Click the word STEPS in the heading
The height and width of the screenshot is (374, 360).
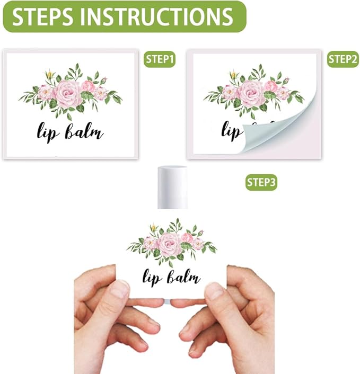coord(43,16)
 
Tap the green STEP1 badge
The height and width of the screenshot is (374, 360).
coord(160,59)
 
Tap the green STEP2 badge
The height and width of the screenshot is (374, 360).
coord(342,59)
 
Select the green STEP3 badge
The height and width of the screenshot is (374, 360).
coord(261,182)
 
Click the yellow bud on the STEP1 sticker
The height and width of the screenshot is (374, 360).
coord(50,74)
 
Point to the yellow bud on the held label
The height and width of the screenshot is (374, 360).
coord(154,228)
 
